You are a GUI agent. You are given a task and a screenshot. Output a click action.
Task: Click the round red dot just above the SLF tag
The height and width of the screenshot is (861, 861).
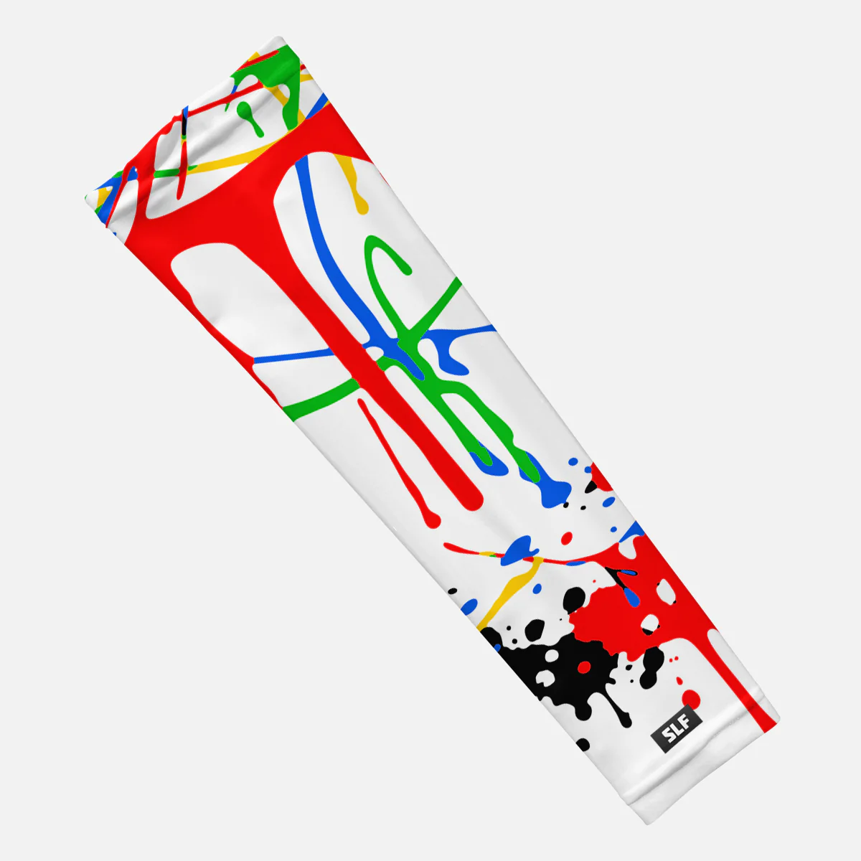pos(691,698)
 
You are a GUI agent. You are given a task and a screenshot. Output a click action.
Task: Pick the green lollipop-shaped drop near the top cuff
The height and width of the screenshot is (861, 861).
pos(248,113)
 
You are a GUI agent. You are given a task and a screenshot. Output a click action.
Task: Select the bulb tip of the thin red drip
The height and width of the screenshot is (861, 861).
pos(433,521)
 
